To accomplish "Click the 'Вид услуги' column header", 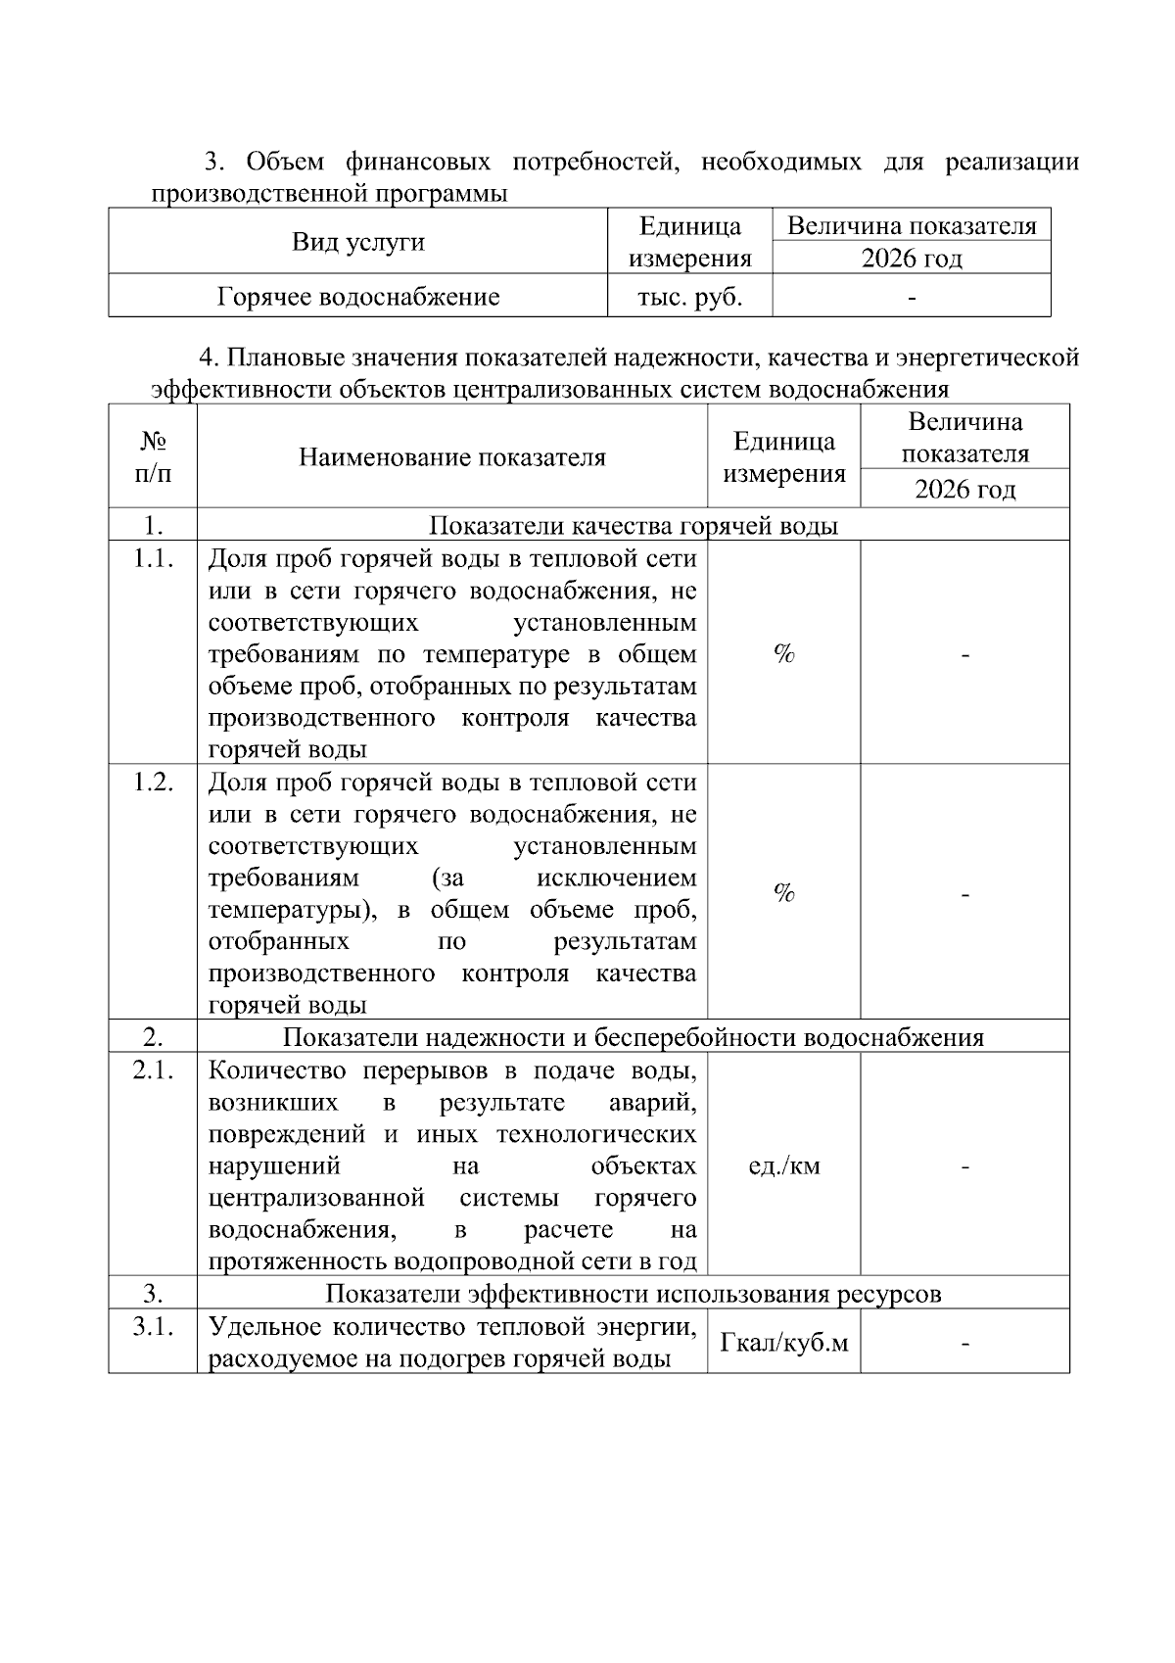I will (357, 242).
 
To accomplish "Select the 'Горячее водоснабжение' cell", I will (357, 297).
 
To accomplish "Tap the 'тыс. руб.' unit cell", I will (689, 297).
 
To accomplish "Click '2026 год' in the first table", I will (911, 259).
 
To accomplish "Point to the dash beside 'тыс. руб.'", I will (911, 297).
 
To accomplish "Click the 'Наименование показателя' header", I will (451, 456).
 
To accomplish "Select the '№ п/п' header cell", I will (153, 456).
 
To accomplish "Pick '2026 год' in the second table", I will (964, 489).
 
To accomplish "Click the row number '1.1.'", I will (153, 559).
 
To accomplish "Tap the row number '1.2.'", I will (153, 783).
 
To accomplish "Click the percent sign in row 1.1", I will (783, 654).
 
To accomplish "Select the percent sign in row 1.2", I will (783, 892).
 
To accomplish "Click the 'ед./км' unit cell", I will (783, 1165).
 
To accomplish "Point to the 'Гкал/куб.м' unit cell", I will (783, 1342).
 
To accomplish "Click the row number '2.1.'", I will (153, 1070).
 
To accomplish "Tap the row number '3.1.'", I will (153, 1327).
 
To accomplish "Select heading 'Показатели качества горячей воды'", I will (633, 525).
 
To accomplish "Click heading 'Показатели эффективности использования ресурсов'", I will (633, 1293).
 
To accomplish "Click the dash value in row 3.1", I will (964, 1344).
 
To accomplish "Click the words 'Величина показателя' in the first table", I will (911, 226).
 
